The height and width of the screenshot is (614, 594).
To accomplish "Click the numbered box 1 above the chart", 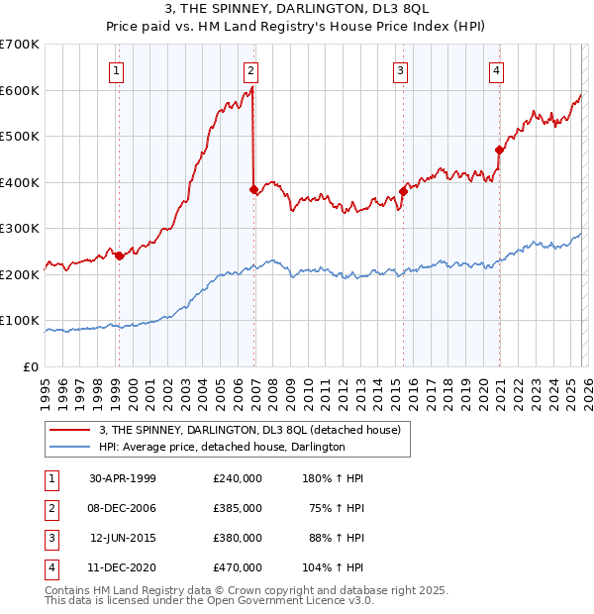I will coord(118,70).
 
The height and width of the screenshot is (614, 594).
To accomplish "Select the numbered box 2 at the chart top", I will coord(251,70).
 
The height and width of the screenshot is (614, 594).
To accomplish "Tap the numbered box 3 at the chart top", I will coord(400,70).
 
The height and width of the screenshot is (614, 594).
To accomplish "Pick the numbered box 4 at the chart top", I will coord(496,70).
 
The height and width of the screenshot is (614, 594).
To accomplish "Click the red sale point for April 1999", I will coord(120,256).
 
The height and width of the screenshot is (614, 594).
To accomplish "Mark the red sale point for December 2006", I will coord(253,188).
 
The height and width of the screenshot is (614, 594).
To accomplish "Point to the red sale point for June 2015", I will coord(403,191).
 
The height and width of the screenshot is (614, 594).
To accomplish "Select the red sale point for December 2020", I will coord(499,150).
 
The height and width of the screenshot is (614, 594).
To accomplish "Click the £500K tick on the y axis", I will coord(21,137).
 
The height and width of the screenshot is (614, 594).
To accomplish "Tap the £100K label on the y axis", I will coord(21,321).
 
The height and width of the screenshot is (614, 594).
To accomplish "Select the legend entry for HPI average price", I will coord(221,447).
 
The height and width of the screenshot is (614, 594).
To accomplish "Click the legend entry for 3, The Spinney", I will coord(248,430).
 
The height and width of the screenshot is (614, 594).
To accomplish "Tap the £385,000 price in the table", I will coord(237,507).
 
